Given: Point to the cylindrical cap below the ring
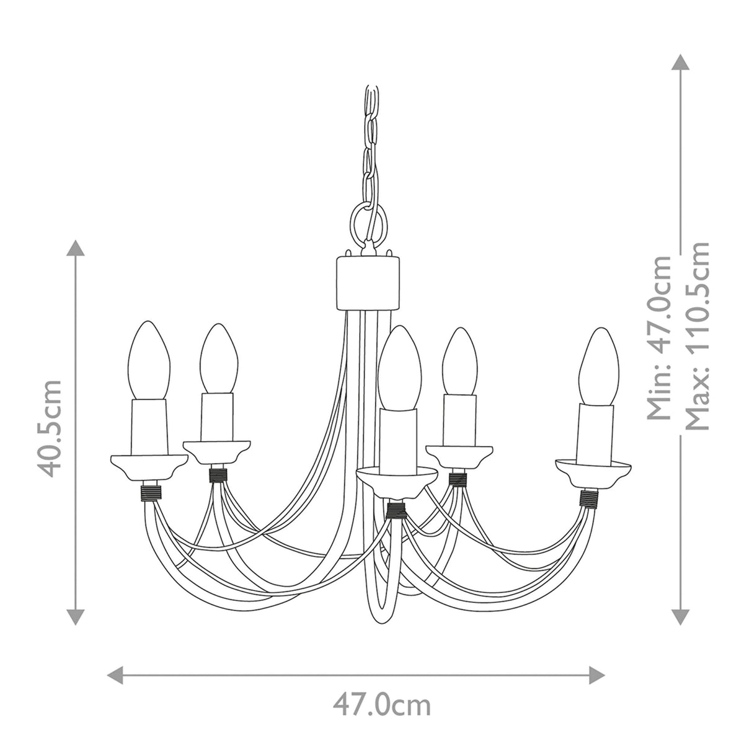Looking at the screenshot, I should pos(367,283).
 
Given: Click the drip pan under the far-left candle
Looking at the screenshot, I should pos(148,466).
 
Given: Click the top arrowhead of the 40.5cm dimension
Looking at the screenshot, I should pos(76,248).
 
